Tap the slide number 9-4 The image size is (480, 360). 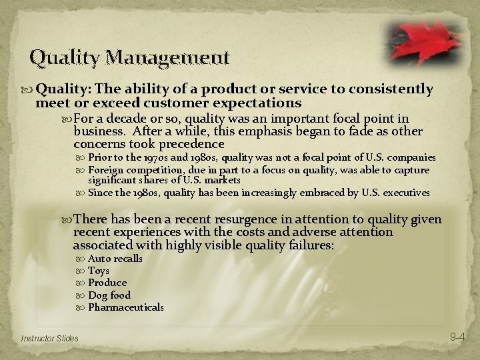pyautogui.click(x=457, y=337)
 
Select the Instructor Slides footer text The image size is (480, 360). pyautogui.click(x=49, y=339)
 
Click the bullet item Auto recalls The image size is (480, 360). pyautogui.click(x=115, y=259)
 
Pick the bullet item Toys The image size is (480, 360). pyautogui.click(x=99, y=271)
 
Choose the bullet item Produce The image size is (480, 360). pyautogui.click(x=107, y=283)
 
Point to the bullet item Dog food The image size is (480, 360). pyautogui.click(x=109, y=295)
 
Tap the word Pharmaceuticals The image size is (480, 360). pyautogui.click(x=126, y=307)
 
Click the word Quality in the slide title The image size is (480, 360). pyautogui.click(x=63, y=58)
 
